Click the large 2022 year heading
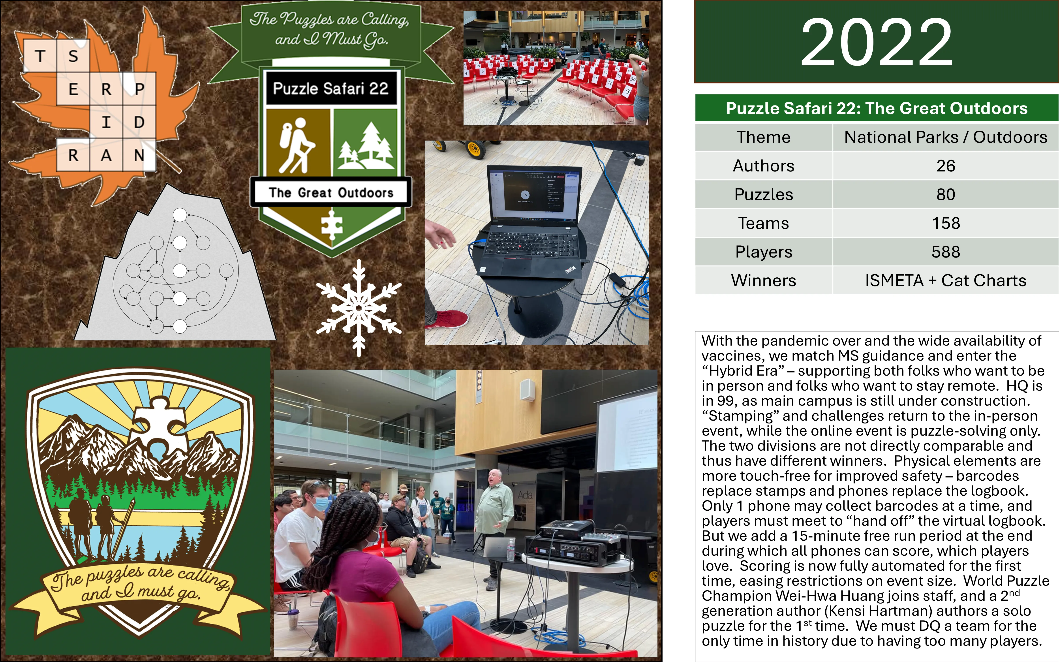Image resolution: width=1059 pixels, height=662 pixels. (877, 42)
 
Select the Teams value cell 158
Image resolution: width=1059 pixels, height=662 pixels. (946, 223)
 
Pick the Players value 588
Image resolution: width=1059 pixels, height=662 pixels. (946, 252)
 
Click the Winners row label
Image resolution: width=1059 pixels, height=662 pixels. (764, 280)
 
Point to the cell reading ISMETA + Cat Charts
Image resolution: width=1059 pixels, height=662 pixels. (946, 280)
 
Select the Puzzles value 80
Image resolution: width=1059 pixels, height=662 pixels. (946, 194)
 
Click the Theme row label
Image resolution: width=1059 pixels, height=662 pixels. (764, 137)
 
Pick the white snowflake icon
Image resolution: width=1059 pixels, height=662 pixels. (359, 308)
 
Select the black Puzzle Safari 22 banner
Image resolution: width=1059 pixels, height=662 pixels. (331, 88)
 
